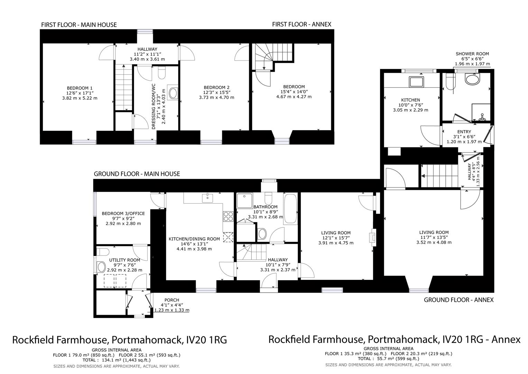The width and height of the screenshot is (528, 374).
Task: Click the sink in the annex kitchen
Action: tap(416, 82)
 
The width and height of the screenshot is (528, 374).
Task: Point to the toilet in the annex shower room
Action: tap(472, 80)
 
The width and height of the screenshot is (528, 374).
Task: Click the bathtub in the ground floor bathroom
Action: tap(290, 209)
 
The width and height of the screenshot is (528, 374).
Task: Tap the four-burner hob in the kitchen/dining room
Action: tap(228, 216)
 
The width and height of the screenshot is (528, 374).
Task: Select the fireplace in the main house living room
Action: tap(372, 238)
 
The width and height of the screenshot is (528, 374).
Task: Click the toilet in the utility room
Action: tap(101, 267)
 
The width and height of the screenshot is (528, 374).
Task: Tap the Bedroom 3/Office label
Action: tap(123, 213)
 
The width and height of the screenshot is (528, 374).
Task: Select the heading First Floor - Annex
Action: tap(302, 24)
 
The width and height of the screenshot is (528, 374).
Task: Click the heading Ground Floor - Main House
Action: tap(137, 174)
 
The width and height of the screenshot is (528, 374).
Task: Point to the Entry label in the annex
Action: tap(464, 132)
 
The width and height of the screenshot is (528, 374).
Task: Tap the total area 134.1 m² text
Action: tap(116, 360)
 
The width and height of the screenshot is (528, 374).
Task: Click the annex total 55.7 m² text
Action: tap(388, 359)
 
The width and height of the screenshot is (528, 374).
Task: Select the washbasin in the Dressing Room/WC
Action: tap(173, 92)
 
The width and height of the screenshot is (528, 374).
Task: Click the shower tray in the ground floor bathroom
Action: tap(245, 201)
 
